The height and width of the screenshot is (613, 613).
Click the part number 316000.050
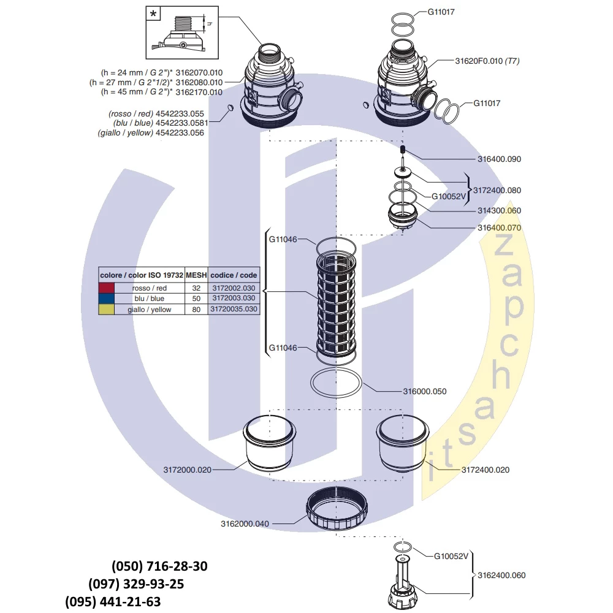pos(424,391)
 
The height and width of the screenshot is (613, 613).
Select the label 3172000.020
pos(187,470)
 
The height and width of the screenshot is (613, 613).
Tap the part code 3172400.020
pos(485,470)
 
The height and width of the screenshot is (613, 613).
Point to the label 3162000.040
pos(245,524)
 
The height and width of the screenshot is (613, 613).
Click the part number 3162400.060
pos(501,575)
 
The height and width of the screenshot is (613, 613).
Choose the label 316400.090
pos(500,159)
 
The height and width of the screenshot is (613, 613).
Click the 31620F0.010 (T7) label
pos(487,61)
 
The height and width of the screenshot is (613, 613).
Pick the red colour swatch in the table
pos(107,288)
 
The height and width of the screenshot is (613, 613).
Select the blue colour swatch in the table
pos(107,299)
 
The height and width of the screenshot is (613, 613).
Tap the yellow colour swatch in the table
pos(107,310)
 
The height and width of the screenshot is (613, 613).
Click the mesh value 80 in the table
pos(196,310)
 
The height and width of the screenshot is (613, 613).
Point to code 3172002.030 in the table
pos(234,288)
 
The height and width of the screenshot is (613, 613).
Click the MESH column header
pos(196,276)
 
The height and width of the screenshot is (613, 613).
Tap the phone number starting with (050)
pos(159,566)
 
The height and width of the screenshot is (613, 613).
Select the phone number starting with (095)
pos(113,601)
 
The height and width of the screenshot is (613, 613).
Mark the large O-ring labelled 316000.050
pos(337,384)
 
